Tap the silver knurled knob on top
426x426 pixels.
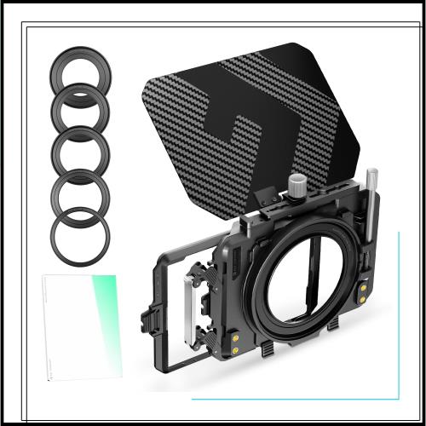coord(297,183)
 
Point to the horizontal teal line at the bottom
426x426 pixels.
coord(290,398)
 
